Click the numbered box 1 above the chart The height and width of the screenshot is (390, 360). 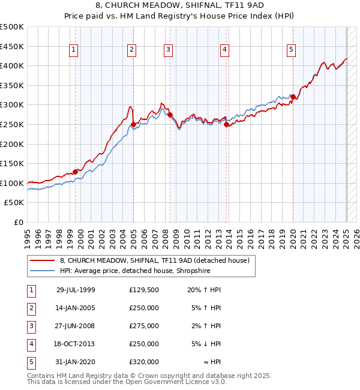point(73,50)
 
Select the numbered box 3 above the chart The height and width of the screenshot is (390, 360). point(169,50)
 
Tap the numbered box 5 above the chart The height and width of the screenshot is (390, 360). point(291,50)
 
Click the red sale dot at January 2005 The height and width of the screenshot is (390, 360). point(133,125)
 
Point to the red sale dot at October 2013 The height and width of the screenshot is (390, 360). point(226,125)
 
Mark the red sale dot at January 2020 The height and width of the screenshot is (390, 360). point(293,97)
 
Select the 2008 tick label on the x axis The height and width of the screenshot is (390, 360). point(166,235)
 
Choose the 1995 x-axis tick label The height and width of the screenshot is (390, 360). point(28,235)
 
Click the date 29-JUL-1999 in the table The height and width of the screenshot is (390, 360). point(76,290)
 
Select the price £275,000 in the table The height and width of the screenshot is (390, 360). point(143,326)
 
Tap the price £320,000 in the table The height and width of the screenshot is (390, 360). point(143,362)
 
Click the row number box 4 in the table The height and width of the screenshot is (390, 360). point(31,344)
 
